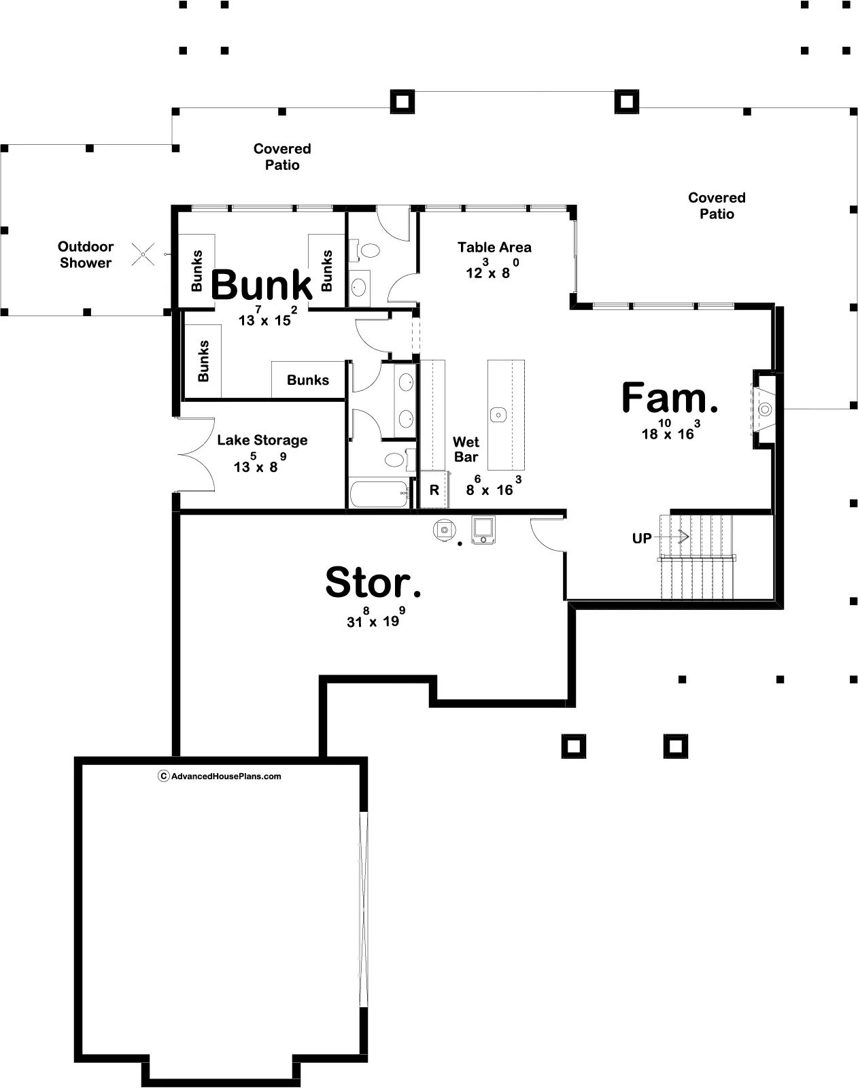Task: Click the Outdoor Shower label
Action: point(86,254)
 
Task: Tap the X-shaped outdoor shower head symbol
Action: point(143,254)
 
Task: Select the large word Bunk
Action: point(261,285)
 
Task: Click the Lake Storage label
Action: point(262,440)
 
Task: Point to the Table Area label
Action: point(494,248)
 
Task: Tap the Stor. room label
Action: point(373,583)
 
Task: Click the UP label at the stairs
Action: point(642,539)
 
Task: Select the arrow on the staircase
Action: point(672,537)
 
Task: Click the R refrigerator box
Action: point(435,490)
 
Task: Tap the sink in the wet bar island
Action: point(498,415)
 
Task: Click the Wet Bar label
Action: point(466,449)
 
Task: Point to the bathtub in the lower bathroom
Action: point(379,494)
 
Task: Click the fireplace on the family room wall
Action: point(763,409)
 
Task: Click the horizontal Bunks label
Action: point(308,379)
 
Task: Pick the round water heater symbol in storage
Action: point(445,530)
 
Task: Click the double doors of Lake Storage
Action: point(196,454)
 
